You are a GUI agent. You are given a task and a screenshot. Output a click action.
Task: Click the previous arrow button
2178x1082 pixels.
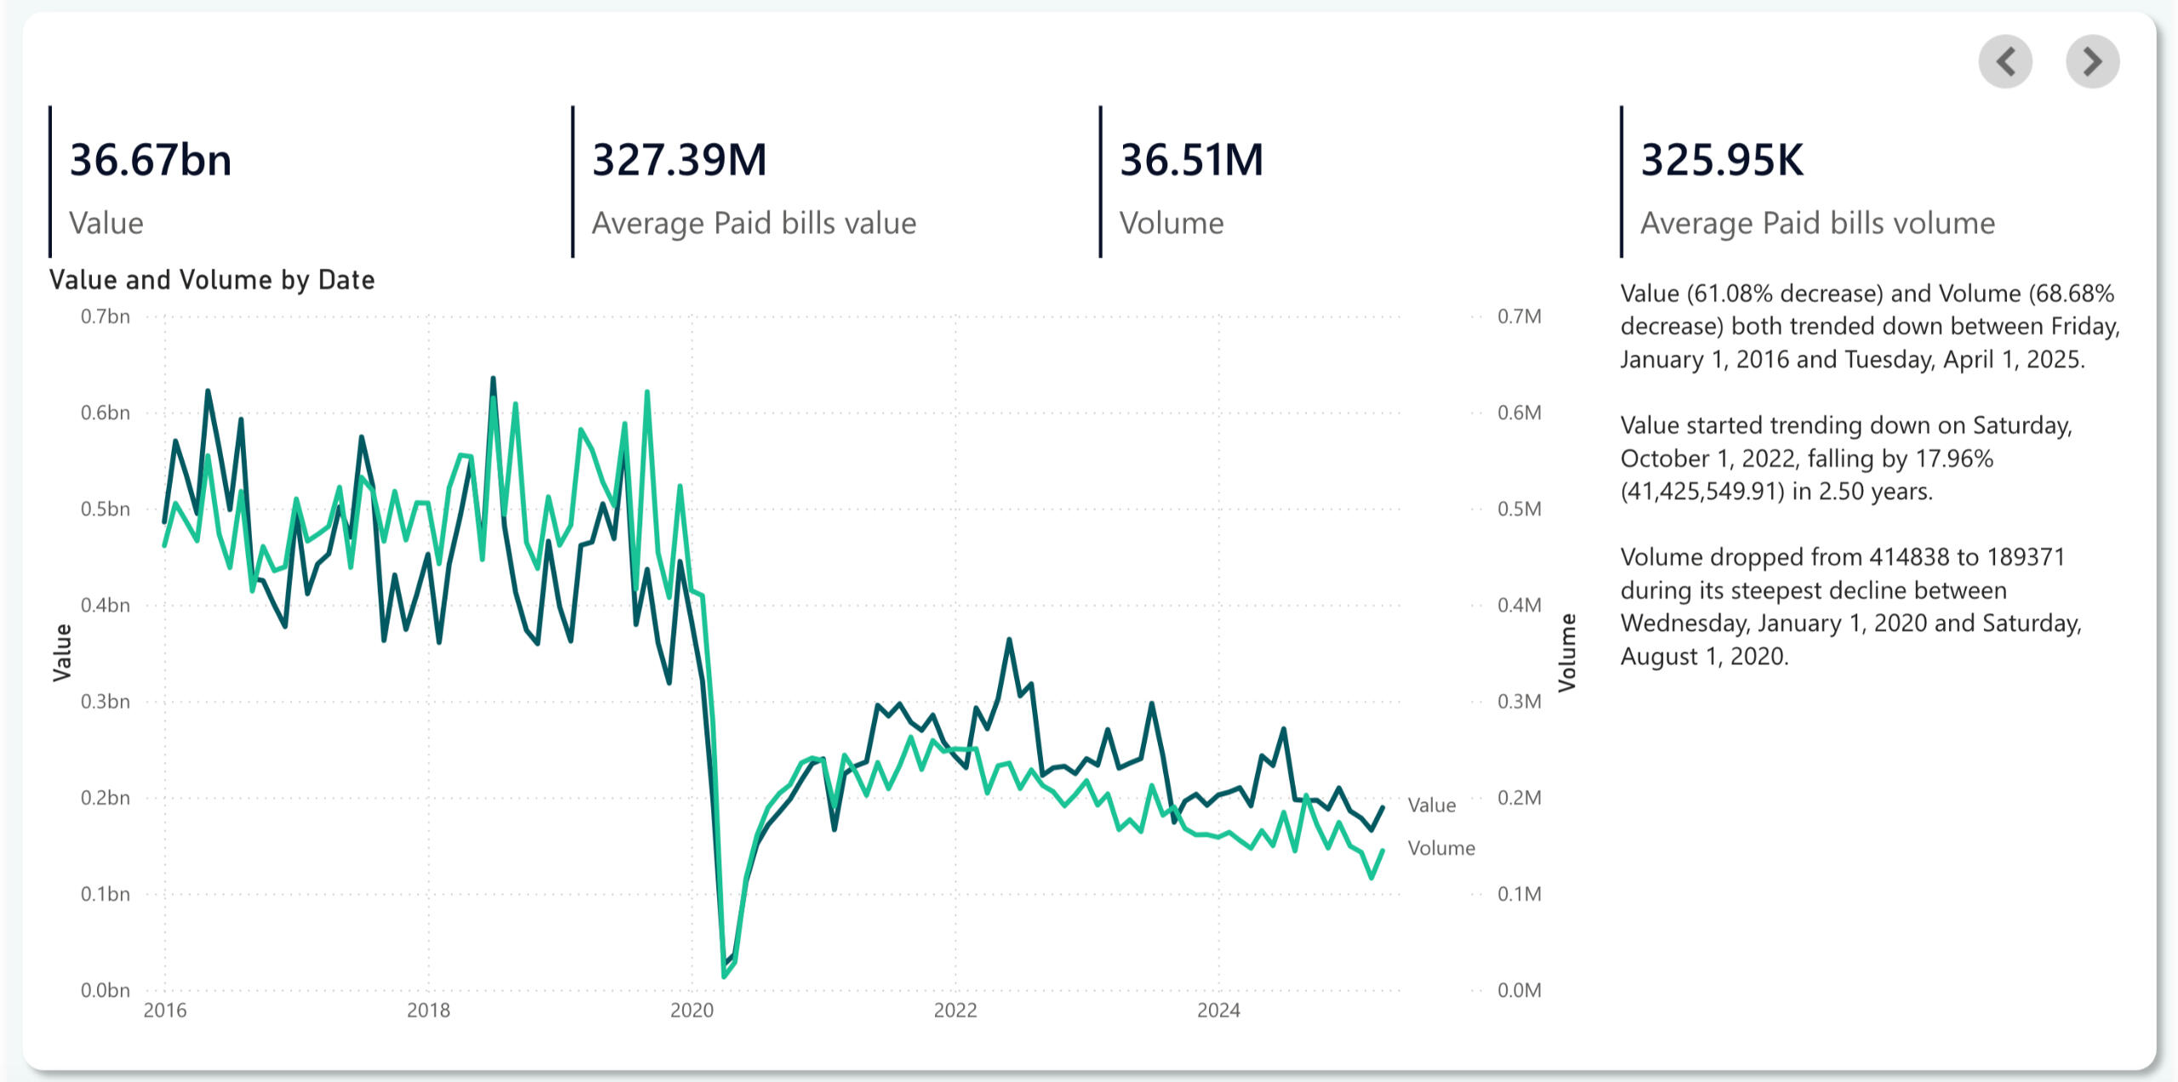2005,61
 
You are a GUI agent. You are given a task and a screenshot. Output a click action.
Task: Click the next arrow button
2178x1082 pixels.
2092,61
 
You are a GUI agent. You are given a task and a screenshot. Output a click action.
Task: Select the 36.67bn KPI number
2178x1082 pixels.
151,160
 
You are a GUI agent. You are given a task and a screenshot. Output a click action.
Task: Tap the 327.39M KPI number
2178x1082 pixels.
679,160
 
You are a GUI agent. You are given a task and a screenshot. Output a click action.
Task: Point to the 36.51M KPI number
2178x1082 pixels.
1191,160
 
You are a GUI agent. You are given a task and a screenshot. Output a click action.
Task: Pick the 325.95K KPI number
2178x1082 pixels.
1721,160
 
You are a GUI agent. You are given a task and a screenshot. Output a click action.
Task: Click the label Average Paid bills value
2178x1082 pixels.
754,223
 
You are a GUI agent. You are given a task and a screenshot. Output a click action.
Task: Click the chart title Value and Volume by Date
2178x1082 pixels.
212,280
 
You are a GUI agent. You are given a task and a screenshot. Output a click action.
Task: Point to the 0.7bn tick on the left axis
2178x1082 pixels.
105,316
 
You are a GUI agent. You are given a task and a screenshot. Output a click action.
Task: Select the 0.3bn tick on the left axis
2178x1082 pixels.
105,702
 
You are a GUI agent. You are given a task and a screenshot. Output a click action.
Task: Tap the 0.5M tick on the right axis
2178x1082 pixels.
1519,509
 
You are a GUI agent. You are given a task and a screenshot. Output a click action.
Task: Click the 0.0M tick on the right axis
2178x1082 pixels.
1519,990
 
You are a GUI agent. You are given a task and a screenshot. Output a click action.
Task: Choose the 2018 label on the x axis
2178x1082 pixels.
428,1011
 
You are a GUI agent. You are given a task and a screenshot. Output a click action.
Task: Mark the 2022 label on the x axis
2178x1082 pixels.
955,1011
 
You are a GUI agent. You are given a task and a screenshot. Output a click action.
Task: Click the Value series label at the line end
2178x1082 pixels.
1432,805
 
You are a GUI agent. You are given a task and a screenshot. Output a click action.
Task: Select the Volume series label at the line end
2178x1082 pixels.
1441,848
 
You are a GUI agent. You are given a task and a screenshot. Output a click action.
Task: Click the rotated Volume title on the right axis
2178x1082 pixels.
1567,652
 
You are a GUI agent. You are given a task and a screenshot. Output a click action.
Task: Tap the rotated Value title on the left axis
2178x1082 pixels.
62,652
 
